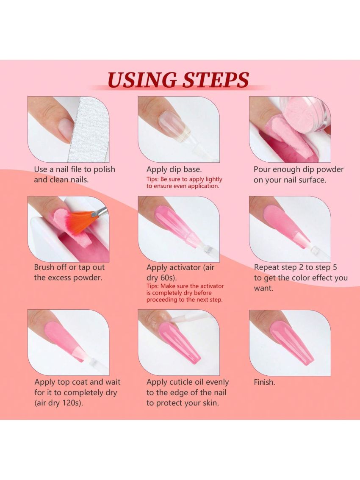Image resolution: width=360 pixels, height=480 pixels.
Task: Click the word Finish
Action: (264, 382)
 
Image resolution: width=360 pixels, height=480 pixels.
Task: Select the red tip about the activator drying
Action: (185, 293)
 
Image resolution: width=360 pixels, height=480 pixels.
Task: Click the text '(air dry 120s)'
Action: (59, 402)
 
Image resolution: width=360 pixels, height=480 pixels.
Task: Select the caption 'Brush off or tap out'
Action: (69, 267)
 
